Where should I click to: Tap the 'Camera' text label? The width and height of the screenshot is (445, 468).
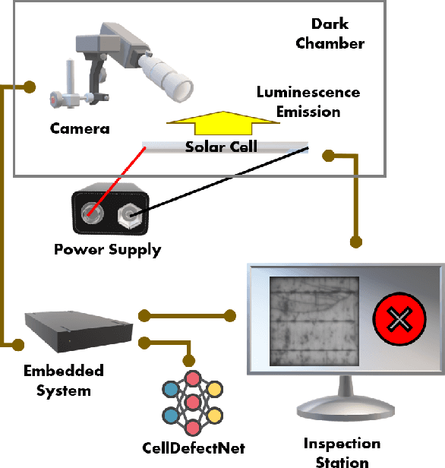[x=80, y=128]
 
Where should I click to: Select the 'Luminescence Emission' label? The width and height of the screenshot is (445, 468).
[x=308, y=102]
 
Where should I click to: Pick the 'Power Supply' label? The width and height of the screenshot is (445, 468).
[x=107, y=249]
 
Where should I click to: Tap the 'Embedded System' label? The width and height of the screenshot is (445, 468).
[x=65, y=381]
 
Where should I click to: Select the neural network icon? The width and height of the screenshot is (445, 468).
[x=194, y=400]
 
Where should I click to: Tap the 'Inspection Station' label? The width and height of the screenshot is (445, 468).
[x=341, y=452]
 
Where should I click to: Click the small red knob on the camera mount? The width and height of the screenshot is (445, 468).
[x=54, y=99]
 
